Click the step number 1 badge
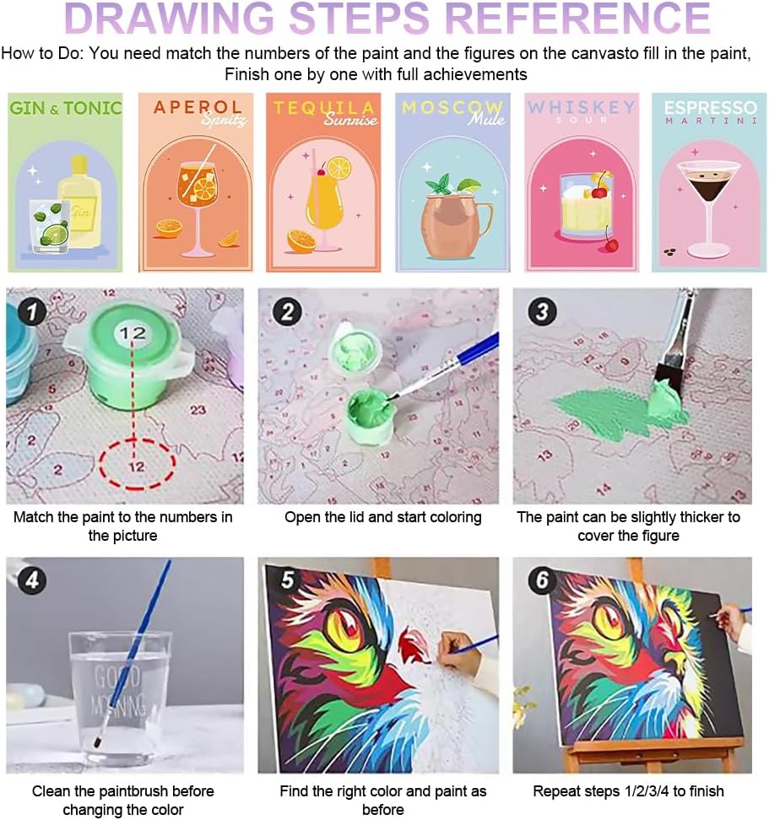pyautogui.click(x=32, y=312)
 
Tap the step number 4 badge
pyautogui.click(x=32, y=580)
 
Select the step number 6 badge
pyautogui.click(x=542, y=580)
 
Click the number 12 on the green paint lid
pyautogui.click(x=133, y=333)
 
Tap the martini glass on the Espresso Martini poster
pyautogui.click(x=708, y=209)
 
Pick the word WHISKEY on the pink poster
pyautogui.click(x=582, y=107)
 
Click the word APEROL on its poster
pyautogui.click(x=198, y=106)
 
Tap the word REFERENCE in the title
pyautogui.click(x=577, y=19)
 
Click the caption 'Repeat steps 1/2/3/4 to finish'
pyautogui.click(x=628, y=790)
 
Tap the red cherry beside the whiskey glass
pyautogui.click(x=610, y=244)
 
